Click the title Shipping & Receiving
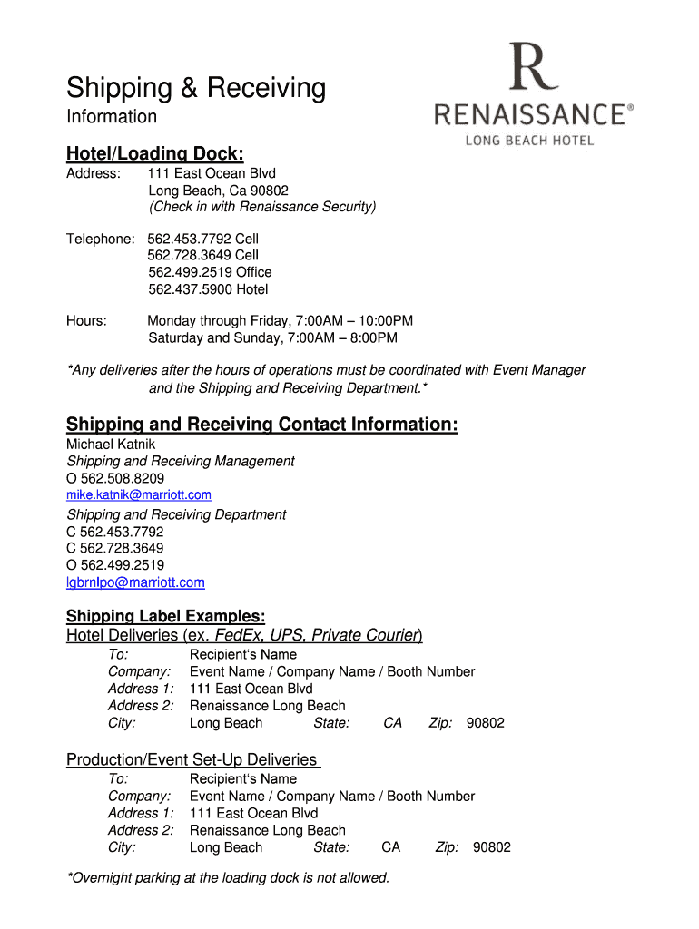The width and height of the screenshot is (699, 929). point(195,88)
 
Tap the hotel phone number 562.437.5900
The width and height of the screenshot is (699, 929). point(208,289)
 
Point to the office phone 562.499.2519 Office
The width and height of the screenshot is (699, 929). point(210,272)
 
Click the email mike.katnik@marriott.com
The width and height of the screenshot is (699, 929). point(139,494)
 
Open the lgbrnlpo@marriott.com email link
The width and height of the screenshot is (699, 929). point(135,582)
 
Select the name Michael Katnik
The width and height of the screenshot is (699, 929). point(111,444)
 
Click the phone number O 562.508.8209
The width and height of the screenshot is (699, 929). point(115,478)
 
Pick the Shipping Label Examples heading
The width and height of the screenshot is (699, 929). point(165,616)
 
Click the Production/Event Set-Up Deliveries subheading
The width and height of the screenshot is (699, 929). point(192,759)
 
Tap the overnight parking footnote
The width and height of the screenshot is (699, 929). point(228,877)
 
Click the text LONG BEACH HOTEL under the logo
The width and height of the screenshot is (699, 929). point(529,141)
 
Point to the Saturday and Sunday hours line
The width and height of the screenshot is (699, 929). point(272,338)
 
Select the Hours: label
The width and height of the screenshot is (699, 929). point(87,321)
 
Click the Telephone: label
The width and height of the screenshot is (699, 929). point(100,239)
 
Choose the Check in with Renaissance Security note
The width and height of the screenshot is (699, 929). point(262,207)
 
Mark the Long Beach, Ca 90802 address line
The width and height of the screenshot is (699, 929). point(219,191)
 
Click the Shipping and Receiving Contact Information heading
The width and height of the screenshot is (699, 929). point(261,425)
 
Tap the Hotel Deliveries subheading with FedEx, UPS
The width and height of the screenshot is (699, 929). point(244,635)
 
